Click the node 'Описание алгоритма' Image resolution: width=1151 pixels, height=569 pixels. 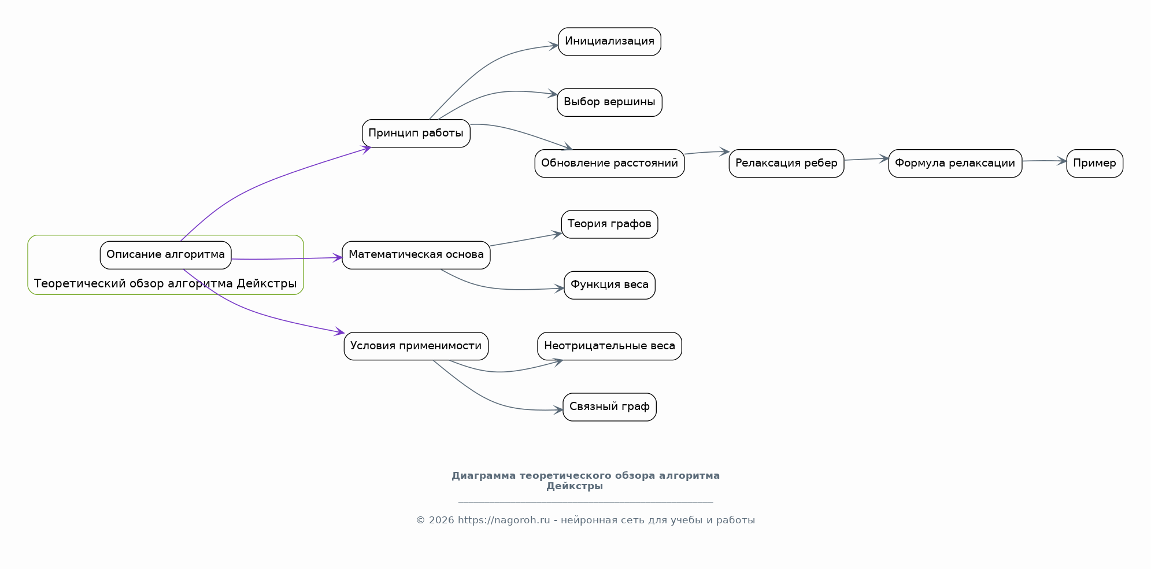pos(165,255)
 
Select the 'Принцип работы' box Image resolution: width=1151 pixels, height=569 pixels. pos(416,134)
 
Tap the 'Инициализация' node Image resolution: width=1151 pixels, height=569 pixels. pos(609,42)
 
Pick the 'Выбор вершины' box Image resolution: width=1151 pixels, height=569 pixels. pos(609,102)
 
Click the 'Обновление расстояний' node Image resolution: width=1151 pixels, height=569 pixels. pos(609,164)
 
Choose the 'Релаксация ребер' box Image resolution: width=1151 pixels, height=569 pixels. pos(786,164)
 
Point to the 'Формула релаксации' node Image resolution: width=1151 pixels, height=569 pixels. pos(955,164)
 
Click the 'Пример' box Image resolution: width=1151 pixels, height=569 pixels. pos(1094,164)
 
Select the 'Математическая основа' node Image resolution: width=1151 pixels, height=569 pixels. pos(416,255)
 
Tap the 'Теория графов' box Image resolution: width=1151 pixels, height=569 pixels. pos(609,224)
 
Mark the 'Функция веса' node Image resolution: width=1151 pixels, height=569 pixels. pos(609,285)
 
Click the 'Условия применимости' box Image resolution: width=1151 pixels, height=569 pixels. pos(416,346)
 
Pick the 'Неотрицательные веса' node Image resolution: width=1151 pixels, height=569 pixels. pos(609,346)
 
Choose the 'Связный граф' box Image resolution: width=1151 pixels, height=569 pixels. pos(609,407)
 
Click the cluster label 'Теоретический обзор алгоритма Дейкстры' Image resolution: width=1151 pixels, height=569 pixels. pos(165,284)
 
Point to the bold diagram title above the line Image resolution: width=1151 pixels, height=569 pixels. pos(586,481)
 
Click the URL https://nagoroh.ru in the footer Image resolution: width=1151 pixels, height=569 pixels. pos(504,520)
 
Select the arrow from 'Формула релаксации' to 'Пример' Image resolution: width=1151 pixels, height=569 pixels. pos(1044,161)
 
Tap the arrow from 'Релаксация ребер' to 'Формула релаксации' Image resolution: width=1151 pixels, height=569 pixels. pos(866,159)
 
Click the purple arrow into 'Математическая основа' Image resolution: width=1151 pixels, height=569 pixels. pos(287,258)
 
